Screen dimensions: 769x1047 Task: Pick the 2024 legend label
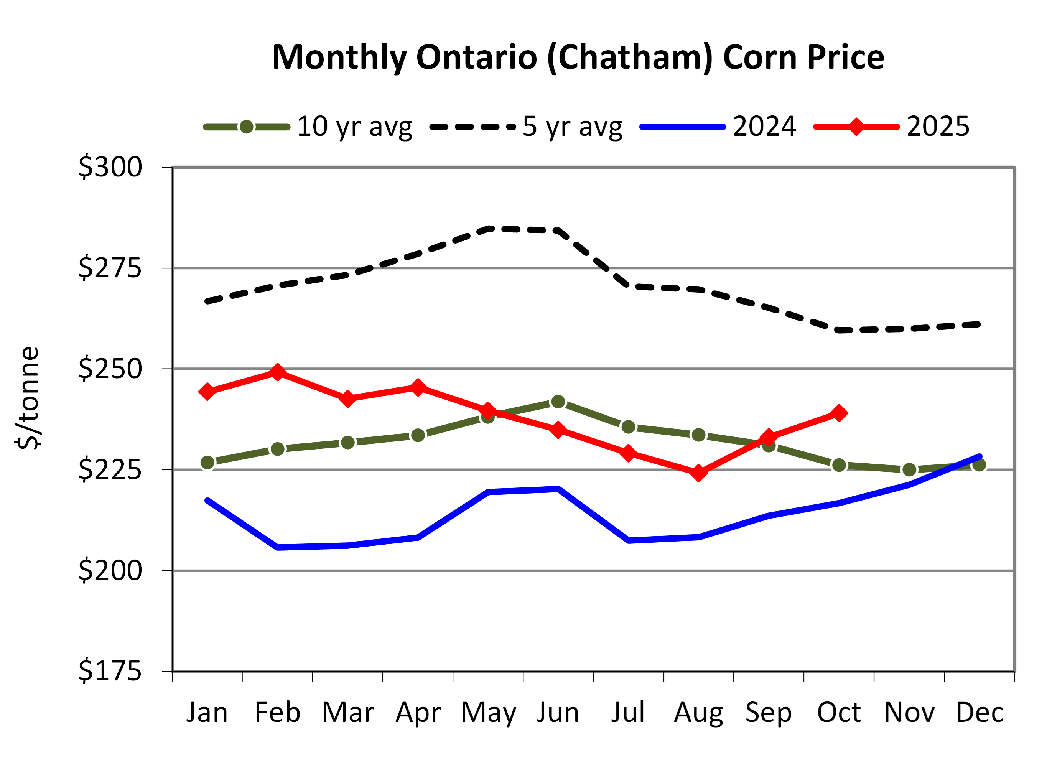pyautogui.click(x=764, y=127)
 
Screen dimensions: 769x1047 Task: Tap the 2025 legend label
pyautogui.click(x=938, y=127)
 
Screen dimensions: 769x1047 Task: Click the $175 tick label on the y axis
pyautogui.click(x=110, y=671)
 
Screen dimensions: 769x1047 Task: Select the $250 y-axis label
pyautogui.click(x=110, y=368)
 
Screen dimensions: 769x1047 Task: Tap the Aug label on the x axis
pyautogui.click(x=698, y=713)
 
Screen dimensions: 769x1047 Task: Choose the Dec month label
pyautogui.click(x=979, y=713)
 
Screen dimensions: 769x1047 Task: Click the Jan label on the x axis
pyautogui.click(x=207, y=713)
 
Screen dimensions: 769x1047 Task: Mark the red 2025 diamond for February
pyautogui.click(x=277, y=372)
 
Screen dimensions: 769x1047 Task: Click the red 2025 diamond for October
pyautogui.click(x=838, y=413)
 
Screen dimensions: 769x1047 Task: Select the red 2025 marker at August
pyautogui.click(x=698, y=473)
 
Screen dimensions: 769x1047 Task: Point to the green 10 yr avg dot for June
pyautogui.click(x=558, y=402)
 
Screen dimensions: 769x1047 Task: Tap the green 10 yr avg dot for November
pyautogui.click(x=909, y=470)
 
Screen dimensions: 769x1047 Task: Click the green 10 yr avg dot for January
pyautogui.click(x=207, y=463)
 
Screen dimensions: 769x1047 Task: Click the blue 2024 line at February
pyautogui.click(x=277, y=547)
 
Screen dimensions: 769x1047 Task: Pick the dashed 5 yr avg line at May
pyautogui.click(x=488, y=229)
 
